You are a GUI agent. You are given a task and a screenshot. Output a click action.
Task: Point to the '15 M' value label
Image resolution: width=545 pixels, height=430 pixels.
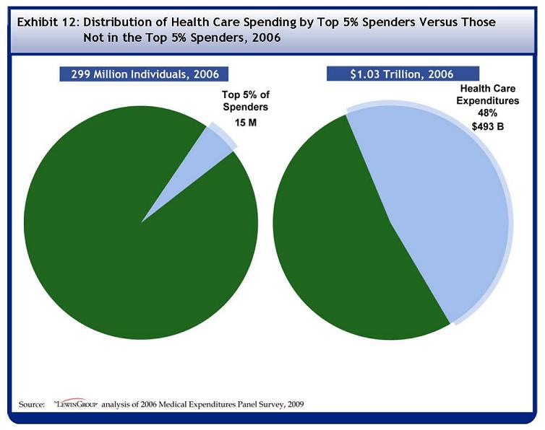tap(246, 123)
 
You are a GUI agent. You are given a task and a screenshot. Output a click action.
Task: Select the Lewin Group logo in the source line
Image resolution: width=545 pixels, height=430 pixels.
tap(77, 403)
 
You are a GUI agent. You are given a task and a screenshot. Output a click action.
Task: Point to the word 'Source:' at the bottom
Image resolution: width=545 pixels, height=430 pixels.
tap(32, 404)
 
